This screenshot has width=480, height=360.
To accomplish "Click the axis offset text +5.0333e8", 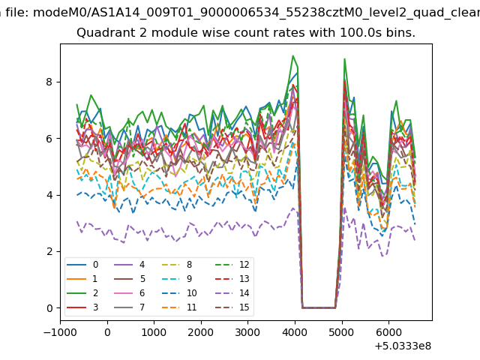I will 402,346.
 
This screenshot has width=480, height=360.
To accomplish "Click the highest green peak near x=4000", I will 293,55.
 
